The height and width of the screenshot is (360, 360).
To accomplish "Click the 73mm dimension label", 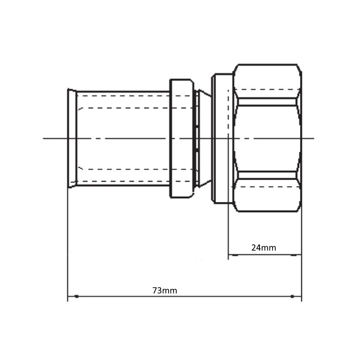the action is [165, 291].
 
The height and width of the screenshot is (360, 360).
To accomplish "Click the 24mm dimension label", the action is [264, 248].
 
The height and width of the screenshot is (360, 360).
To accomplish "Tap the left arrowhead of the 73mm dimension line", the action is [76, 296].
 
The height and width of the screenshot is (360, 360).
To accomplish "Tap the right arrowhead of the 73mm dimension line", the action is [292, 296].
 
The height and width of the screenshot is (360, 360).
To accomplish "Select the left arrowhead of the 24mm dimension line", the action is [235, 255].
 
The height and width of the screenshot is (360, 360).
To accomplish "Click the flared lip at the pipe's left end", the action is [72, 138].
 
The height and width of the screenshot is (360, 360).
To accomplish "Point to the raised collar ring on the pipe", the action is [181, 138].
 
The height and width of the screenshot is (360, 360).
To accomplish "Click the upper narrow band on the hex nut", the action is [267, 102].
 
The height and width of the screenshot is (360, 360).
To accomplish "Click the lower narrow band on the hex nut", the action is [267, 175].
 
